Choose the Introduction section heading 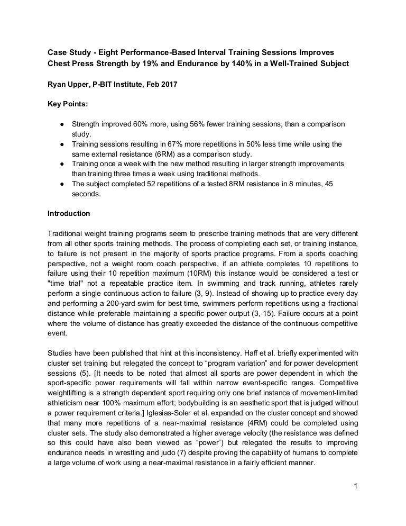[x=69, y=214]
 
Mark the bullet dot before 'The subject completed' [x=62, y=184]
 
